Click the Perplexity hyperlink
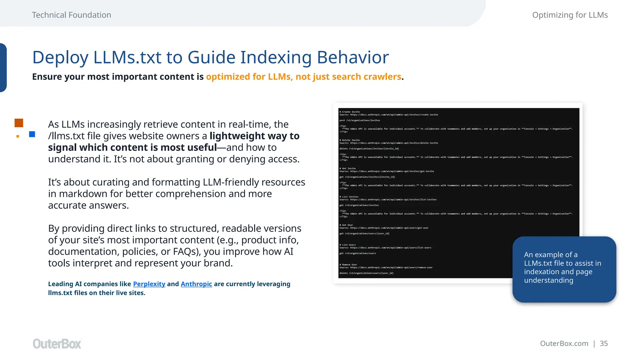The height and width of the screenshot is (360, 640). (149, 284)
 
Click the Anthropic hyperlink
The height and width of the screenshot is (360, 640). (196, 284)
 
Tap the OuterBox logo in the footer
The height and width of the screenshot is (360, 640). (57, 344)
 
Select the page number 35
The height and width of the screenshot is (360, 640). (604, 343)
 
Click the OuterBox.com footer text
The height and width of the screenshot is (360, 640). (564, 343)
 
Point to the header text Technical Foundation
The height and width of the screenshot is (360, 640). (72, 15)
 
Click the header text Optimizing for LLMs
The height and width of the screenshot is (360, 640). (570, 15)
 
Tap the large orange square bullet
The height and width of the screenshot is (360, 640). (19, 123)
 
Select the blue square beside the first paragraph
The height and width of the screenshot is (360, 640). (32, 134)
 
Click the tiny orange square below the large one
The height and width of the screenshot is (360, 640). (18, 136)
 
